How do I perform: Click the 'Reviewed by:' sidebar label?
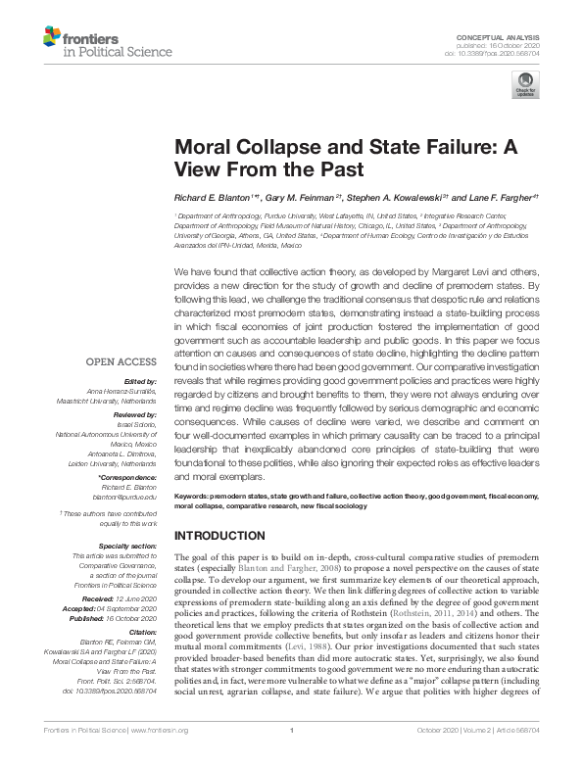[x=134, y=415]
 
